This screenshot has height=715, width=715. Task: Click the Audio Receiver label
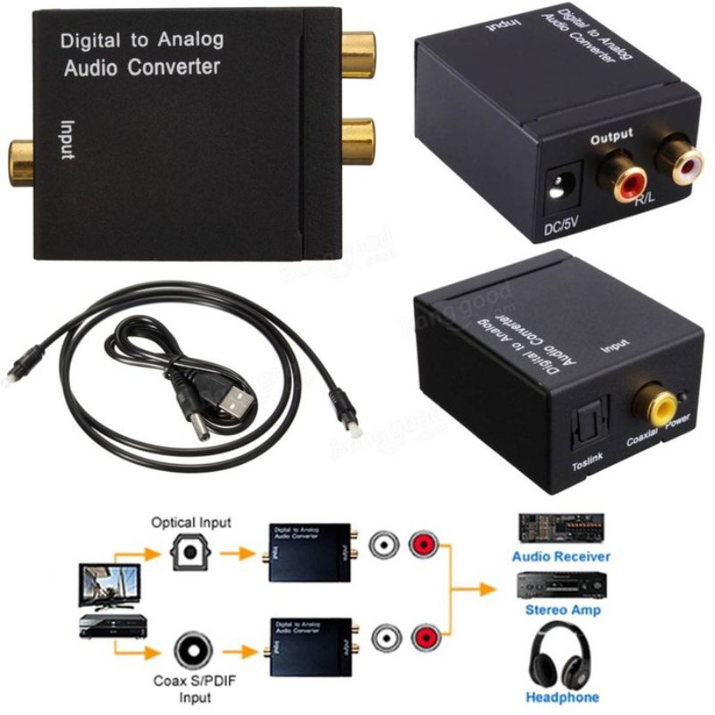(x=560, y=556)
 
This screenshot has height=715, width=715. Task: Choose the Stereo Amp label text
(x=560, y=610)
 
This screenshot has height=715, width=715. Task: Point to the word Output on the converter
(x=611, y=136)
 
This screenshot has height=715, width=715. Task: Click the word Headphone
(x=562, y=697)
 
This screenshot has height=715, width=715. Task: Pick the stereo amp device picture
(x=560, y=586)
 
